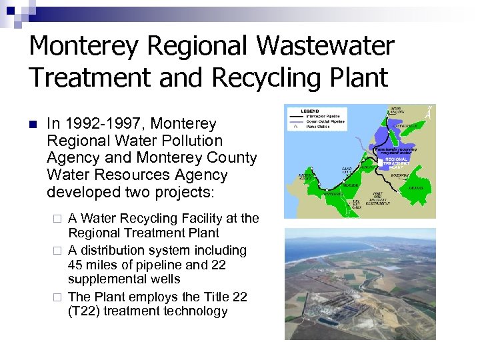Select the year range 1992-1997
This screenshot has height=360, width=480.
104,124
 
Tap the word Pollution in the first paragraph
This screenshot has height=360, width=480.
191,141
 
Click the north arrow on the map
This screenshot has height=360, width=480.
428,113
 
